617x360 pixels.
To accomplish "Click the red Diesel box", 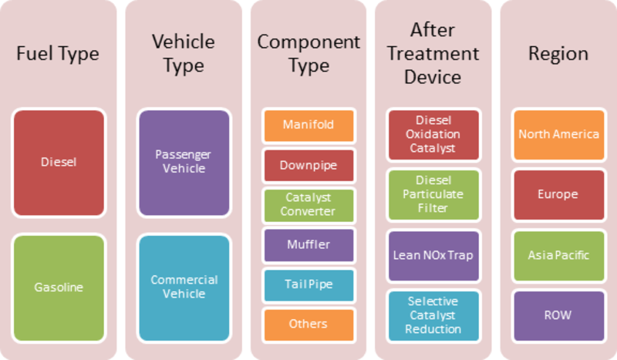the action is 59,163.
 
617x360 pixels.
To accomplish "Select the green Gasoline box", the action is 59,288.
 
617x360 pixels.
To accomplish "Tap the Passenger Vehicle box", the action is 184,163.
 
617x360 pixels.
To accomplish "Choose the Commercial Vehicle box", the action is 184,288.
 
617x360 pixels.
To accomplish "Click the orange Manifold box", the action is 309,126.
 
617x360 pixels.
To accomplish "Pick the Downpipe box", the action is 309,166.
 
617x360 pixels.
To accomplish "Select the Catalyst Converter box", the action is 309,205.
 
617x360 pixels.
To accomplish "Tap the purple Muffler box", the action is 309,245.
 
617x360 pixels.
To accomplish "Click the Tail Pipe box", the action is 309,285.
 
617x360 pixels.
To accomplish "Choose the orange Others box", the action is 309,325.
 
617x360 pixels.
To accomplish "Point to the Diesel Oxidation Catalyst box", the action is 433,135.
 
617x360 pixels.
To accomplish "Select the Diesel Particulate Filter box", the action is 433,195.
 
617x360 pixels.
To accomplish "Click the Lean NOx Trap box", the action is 433,256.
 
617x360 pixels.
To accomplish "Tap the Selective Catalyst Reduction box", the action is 433,316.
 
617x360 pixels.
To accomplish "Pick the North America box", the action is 559,135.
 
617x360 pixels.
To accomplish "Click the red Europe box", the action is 559,195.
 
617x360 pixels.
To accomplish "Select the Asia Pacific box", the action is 559,256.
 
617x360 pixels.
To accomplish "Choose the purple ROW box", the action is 559,316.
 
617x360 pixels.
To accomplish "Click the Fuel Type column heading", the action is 58,54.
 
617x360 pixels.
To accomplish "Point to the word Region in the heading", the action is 558,54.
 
